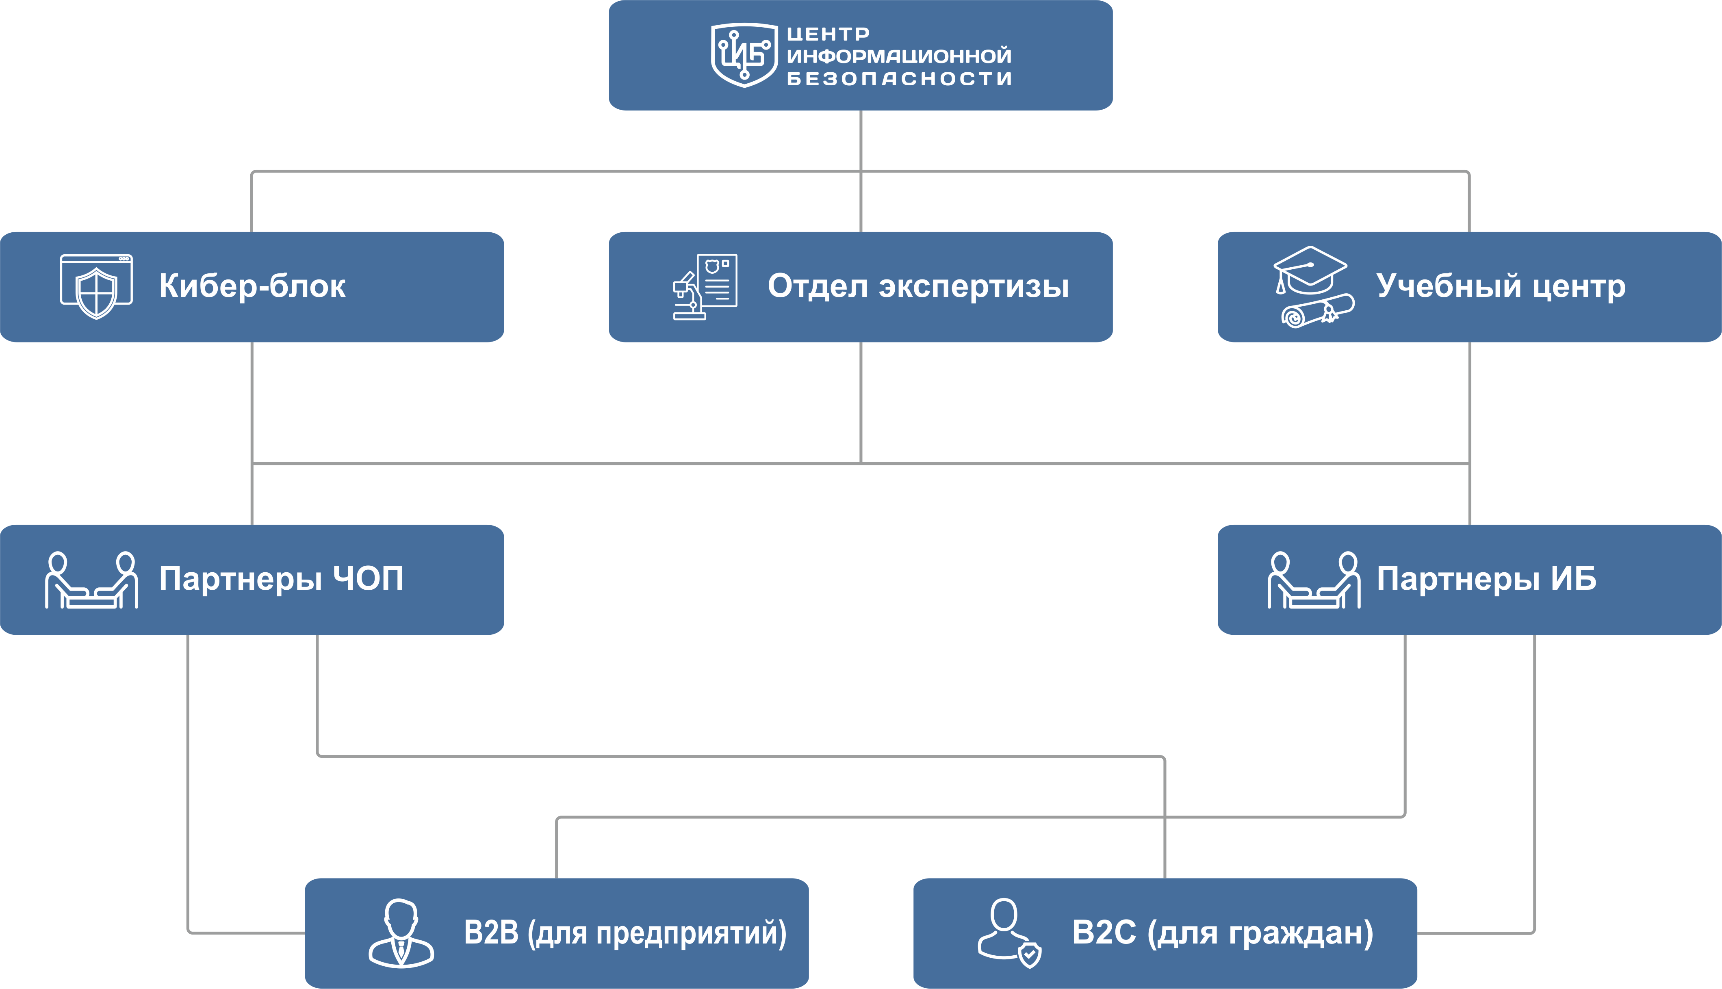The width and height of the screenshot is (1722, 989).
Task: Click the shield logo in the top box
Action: coord(744,56)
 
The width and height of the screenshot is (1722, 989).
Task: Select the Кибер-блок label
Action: coord(252,286)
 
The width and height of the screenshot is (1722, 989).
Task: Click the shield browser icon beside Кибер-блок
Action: coord(96,286)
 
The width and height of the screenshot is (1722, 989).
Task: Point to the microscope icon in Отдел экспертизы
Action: coord(688,296)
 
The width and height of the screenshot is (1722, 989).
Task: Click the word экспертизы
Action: coord(974,286)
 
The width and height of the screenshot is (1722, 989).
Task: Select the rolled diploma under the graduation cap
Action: coord(1317,311)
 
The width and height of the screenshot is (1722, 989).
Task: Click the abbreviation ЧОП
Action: coord(368,579)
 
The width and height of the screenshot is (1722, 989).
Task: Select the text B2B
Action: coord(491,933)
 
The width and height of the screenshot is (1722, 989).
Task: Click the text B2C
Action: coord(1103,933)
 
